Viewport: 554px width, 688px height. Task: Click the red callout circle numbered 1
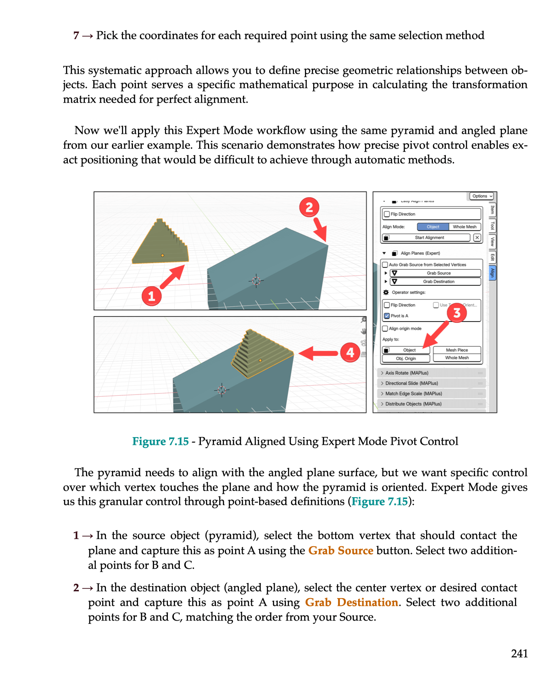[151, 296]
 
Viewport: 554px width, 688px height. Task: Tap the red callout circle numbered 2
[309, 207]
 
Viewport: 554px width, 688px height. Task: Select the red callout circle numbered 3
[457, 313]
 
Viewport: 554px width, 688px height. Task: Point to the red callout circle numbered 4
[350, 353]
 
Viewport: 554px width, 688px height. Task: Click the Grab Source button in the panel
[438, 273]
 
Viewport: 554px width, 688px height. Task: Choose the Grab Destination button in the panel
[438, 282]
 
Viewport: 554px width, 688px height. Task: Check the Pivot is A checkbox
[387, 316]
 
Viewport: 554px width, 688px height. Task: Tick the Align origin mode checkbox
[385, 328]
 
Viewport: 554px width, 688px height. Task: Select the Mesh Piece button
[457, 350]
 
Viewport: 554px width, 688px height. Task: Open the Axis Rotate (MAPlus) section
[407, 373]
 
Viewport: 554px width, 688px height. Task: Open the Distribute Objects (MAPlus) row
[413, 404]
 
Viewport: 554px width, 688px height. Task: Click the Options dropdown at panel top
[482, 196]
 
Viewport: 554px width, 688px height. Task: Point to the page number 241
[519, 654]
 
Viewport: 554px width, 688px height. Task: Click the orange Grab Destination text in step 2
[351, 602]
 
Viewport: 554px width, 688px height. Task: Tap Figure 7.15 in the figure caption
[161, 441]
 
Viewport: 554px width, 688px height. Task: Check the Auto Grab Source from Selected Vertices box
[385, 265]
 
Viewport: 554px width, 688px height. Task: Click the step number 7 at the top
[76, 36]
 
